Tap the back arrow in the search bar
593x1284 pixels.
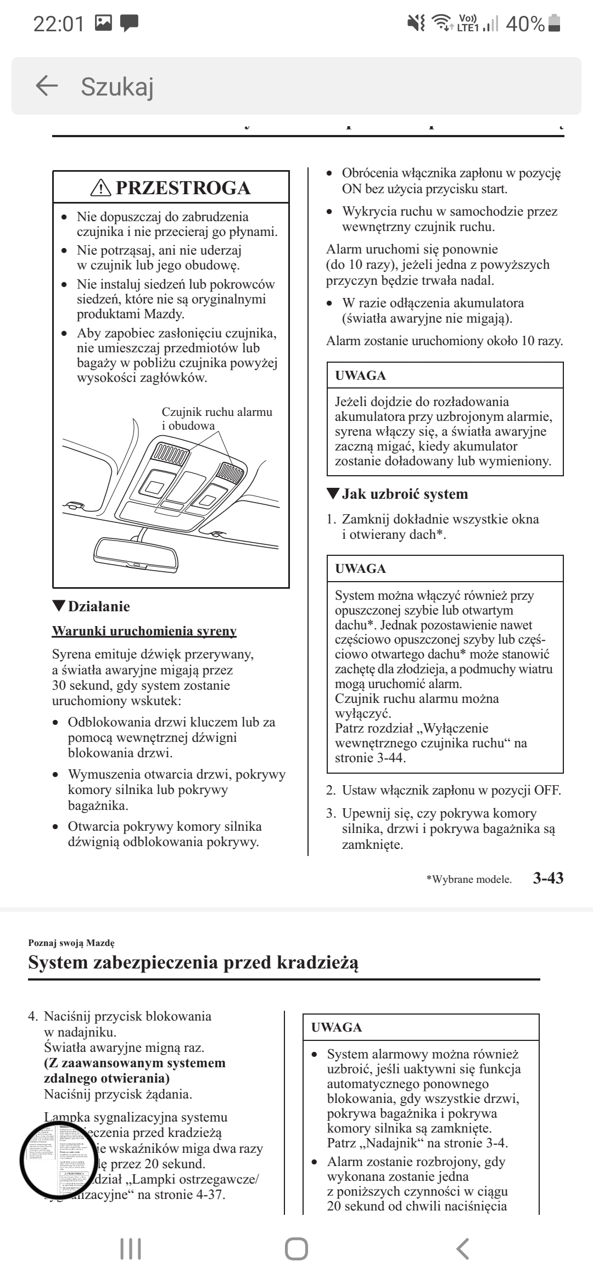[47, 86]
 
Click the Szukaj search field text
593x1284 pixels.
[117, 87]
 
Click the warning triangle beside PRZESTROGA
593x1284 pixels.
[100, 188]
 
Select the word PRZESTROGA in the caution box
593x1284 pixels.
[183, 188]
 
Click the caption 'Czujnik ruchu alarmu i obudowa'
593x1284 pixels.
[216, 419]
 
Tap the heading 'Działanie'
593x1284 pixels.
[99, 606]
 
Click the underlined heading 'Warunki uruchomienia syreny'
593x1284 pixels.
[144, 631]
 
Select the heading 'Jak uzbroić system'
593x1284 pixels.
[405, 494]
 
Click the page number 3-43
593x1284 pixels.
[548, 878]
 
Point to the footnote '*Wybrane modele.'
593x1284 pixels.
[468, 880]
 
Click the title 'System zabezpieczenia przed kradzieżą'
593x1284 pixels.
[193, 962]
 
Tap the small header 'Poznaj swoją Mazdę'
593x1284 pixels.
[71, 943]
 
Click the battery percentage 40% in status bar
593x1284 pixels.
[525, 24]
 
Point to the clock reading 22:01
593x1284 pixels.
[59, 24]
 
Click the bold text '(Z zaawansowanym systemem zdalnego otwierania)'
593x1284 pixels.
[135, 1071]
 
